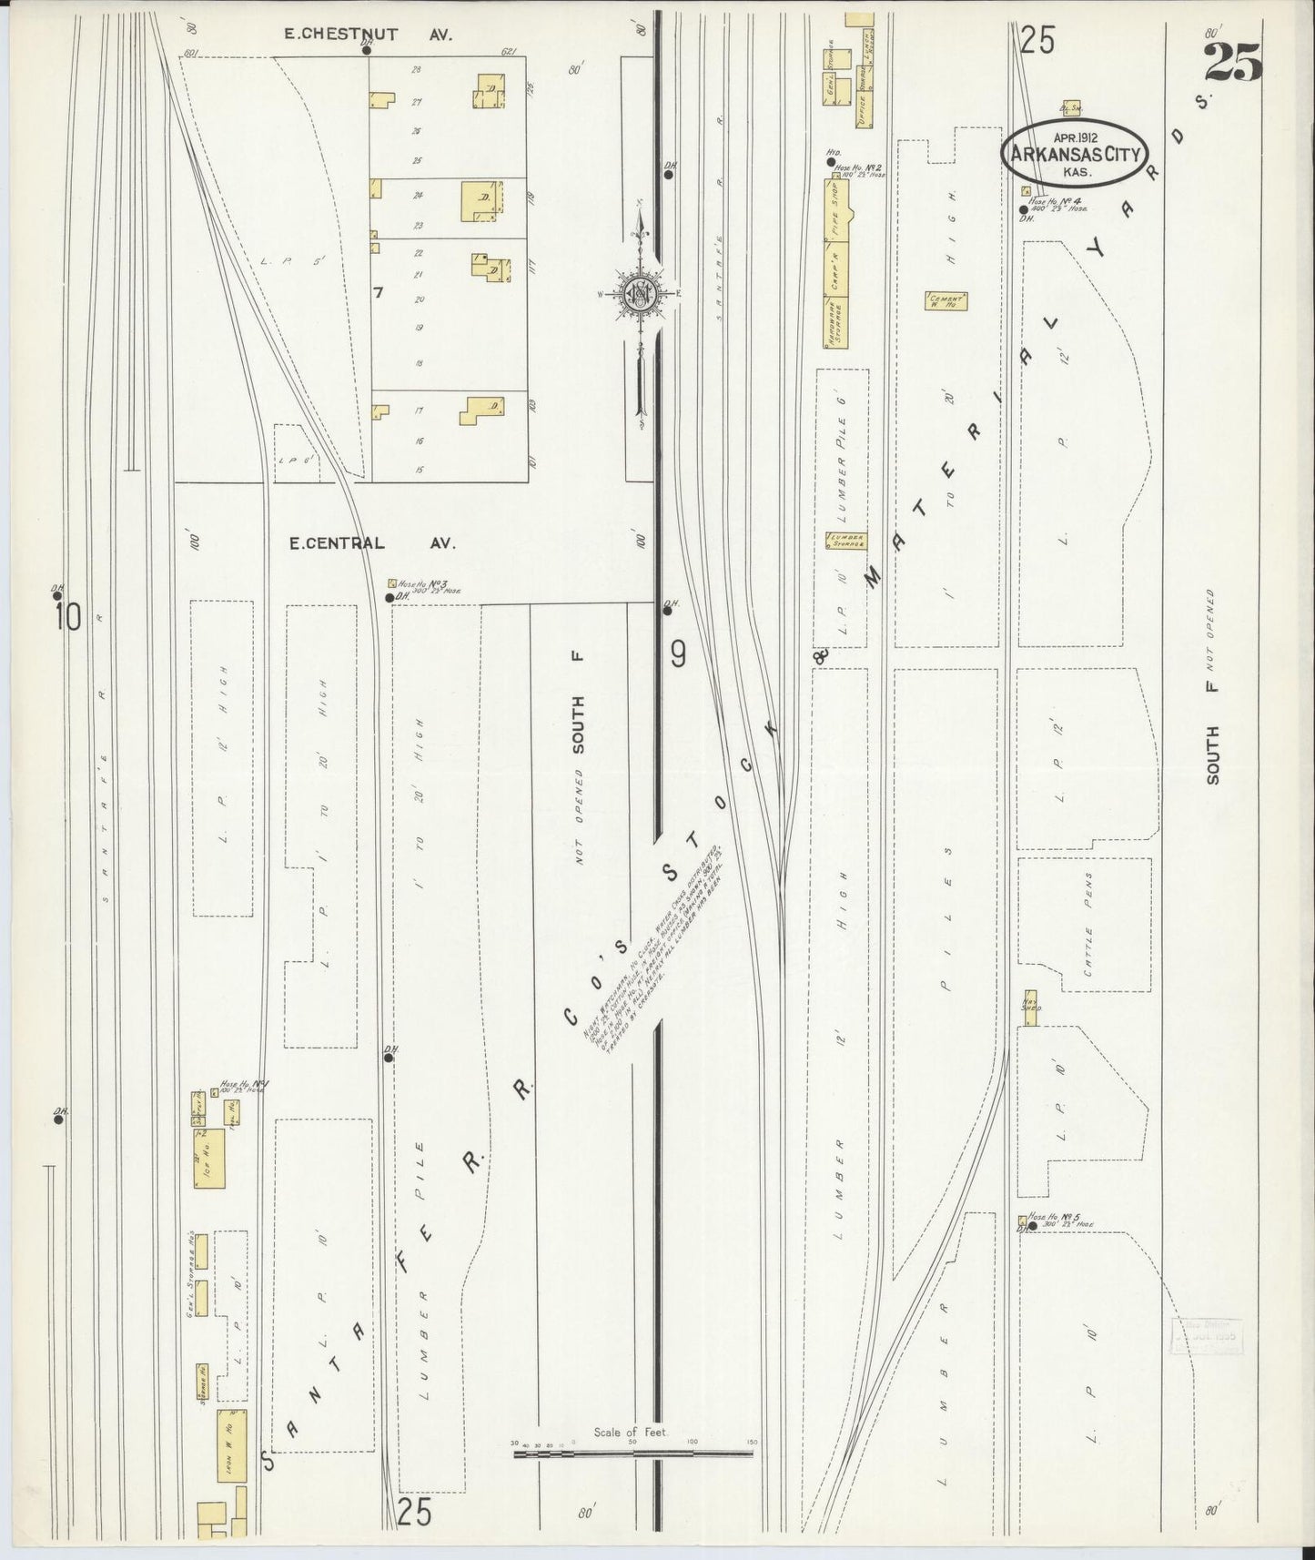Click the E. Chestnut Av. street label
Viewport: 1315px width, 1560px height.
point(369,35)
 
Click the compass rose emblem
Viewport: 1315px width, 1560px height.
point(642,292)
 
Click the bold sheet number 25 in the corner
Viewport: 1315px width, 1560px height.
point(1233,62)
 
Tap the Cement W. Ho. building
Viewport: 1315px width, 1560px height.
point(946,302)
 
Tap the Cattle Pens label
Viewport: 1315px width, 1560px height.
point(1087,925)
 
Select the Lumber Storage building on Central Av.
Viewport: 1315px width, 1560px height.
point(845,541)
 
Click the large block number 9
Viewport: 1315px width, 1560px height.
point(679,653)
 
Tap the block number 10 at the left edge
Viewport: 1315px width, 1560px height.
point(67,618)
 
